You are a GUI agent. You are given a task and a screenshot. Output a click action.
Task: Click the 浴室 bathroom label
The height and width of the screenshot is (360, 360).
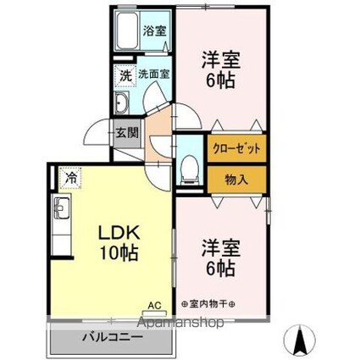(154, 30)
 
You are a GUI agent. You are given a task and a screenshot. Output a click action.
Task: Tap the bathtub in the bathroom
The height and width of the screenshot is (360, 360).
(127, 30)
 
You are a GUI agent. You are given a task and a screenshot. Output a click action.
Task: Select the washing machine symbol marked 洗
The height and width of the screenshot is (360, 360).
(125, 75)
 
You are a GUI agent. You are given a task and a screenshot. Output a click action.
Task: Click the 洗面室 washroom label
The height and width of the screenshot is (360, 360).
(154, 74)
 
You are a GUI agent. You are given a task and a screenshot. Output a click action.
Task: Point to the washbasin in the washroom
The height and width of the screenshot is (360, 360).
(122, 102)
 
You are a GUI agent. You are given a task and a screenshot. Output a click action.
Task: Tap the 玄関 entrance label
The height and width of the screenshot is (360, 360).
(128, 133)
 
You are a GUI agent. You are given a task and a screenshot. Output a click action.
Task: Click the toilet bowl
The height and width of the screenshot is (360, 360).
(190, 169)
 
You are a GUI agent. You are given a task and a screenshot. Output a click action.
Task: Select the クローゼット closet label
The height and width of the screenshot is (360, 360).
(236, 148)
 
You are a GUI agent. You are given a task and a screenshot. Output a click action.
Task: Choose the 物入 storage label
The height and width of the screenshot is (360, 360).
(236, 180)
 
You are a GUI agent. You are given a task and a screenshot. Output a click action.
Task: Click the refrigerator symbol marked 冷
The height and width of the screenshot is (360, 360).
(70, 178)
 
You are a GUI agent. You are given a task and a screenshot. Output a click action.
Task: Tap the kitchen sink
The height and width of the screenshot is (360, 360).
(63, 208)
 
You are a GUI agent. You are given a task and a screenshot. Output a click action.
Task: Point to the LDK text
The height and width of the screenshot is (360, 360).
(119, 232)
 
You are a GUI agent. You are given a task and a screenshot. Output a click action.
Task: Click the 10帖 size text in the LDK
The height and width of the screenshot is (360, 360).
(119, 252)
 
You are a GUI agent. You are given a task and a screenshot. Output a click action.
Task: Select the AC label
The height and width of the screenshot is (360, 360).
(154, 305)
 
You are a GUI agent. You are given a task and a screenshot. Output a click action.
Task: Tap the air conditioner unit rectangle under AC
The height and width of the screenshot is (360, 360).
(154, 313)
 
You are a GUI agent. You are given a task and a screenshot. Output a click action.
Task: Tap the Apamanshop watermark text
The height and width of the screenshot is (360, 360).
(180, 323)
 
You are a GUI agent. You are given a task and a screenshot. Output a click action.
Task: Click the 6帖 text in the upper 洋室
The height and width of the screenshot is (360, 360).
(221, 81)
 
